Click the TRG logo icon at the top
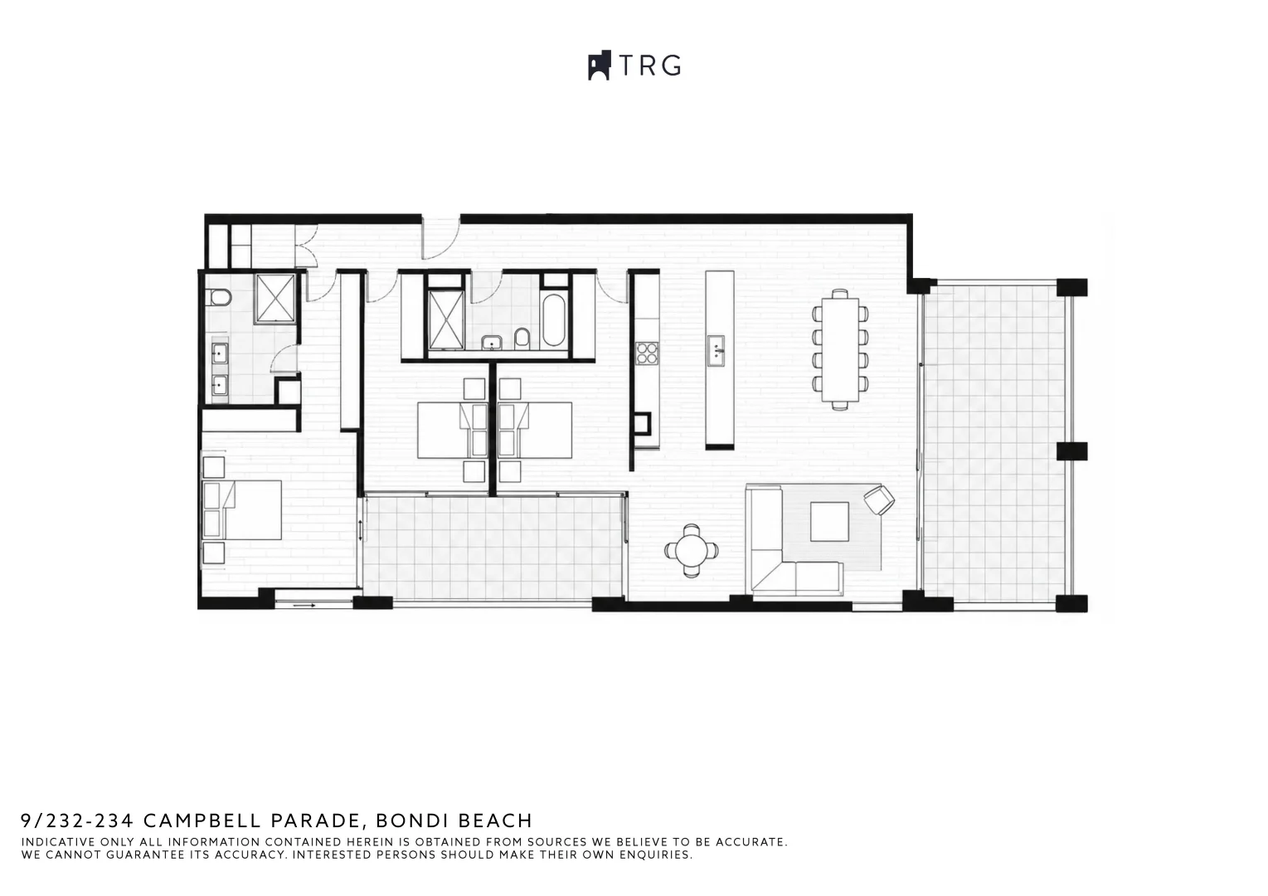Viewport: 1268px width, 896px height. point(600,66)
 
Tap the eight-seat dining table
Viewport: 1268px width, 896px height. point(840,349)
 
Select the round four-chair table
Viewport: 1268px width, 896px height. point(691,551)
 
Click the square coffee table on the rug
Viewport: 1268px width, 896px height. point(829,522)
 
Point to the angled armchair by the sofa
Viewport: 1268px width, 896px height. point(878,499)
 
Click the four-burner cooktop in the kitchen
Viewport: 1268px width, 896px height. point(647,353)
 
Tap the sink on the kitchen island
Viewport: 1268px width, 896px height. point(717,351)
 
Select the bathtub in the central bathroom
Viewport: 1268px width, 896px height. point(554,320)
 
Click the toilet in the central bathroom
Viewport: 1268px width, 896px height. point(522,338)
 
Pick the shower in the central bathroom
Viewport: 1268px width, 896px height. point(446,320)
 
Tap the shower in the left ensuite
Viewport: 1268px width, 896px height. point(275,299)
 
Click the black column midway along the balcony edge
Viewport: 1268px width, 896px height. point(1071,451)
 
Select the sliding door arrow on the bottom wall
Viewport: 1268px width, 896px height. point(304,606)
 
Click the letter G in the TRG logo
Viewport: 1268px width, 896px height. point(672,66)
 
